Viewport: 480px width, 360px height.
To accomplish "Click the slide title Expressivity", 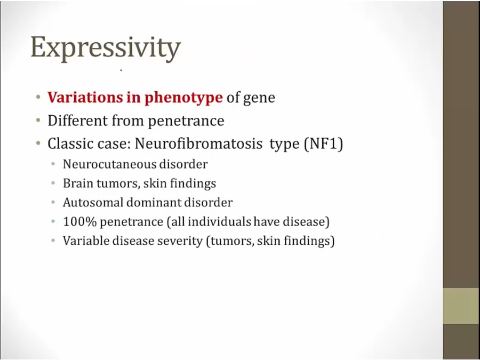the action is [106, 49].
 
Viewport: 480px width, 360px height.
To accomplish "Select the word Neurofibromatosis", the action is [198, 143].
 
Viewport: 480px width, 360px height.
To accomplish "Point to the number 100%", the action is [79, 222].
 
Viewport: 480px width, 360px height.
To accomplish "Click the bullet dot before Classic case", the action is [38, 143].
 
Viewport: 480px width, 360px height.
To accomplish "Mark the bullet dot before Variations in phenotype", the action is [38, 98].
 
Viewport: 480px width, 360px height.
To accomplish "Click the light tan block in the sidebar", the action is [461, 306].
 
